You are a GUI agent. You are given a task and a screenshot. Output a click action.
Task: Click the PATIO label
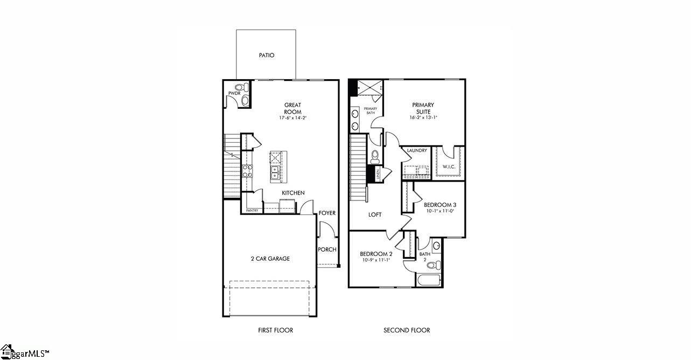266,55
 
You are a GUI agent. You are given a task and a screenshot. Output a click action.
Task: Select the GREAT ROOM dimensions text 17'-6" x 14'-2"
293,118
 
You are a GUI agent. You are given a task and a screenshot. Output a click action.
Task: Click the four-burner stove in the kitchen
247,171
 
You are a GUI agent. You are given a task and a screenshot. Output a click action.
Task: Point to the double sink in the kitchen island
275,172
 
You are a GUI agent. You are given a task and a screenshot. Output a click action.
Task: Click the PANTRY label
252,211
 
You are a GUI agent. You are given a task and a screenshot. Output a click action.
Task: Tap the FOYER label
327,213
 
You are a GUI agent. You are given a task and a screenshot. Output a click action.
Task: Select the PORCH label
327,250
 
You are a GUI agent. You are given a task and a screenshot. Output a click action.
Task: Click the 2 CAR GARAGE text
270,259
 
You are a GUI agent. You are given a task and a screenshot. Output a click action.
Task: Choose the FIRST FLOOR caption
275,330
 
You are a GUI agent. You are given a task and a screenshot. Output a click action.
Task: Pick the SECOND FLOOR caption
407,330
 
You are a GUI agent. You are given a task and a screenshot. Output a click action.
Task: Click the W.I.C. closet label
449,167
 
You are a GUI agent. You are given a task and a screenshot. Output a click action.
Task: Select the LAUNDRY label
417,151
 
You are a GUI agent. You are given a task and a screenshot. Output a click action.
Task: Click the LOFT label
375,214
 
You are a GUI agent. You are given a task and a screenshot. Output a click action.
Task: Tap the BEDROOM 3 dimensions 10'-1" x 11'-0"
439,211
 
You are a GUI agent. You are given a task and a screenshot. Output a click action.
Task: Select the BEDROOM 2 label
376,254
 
